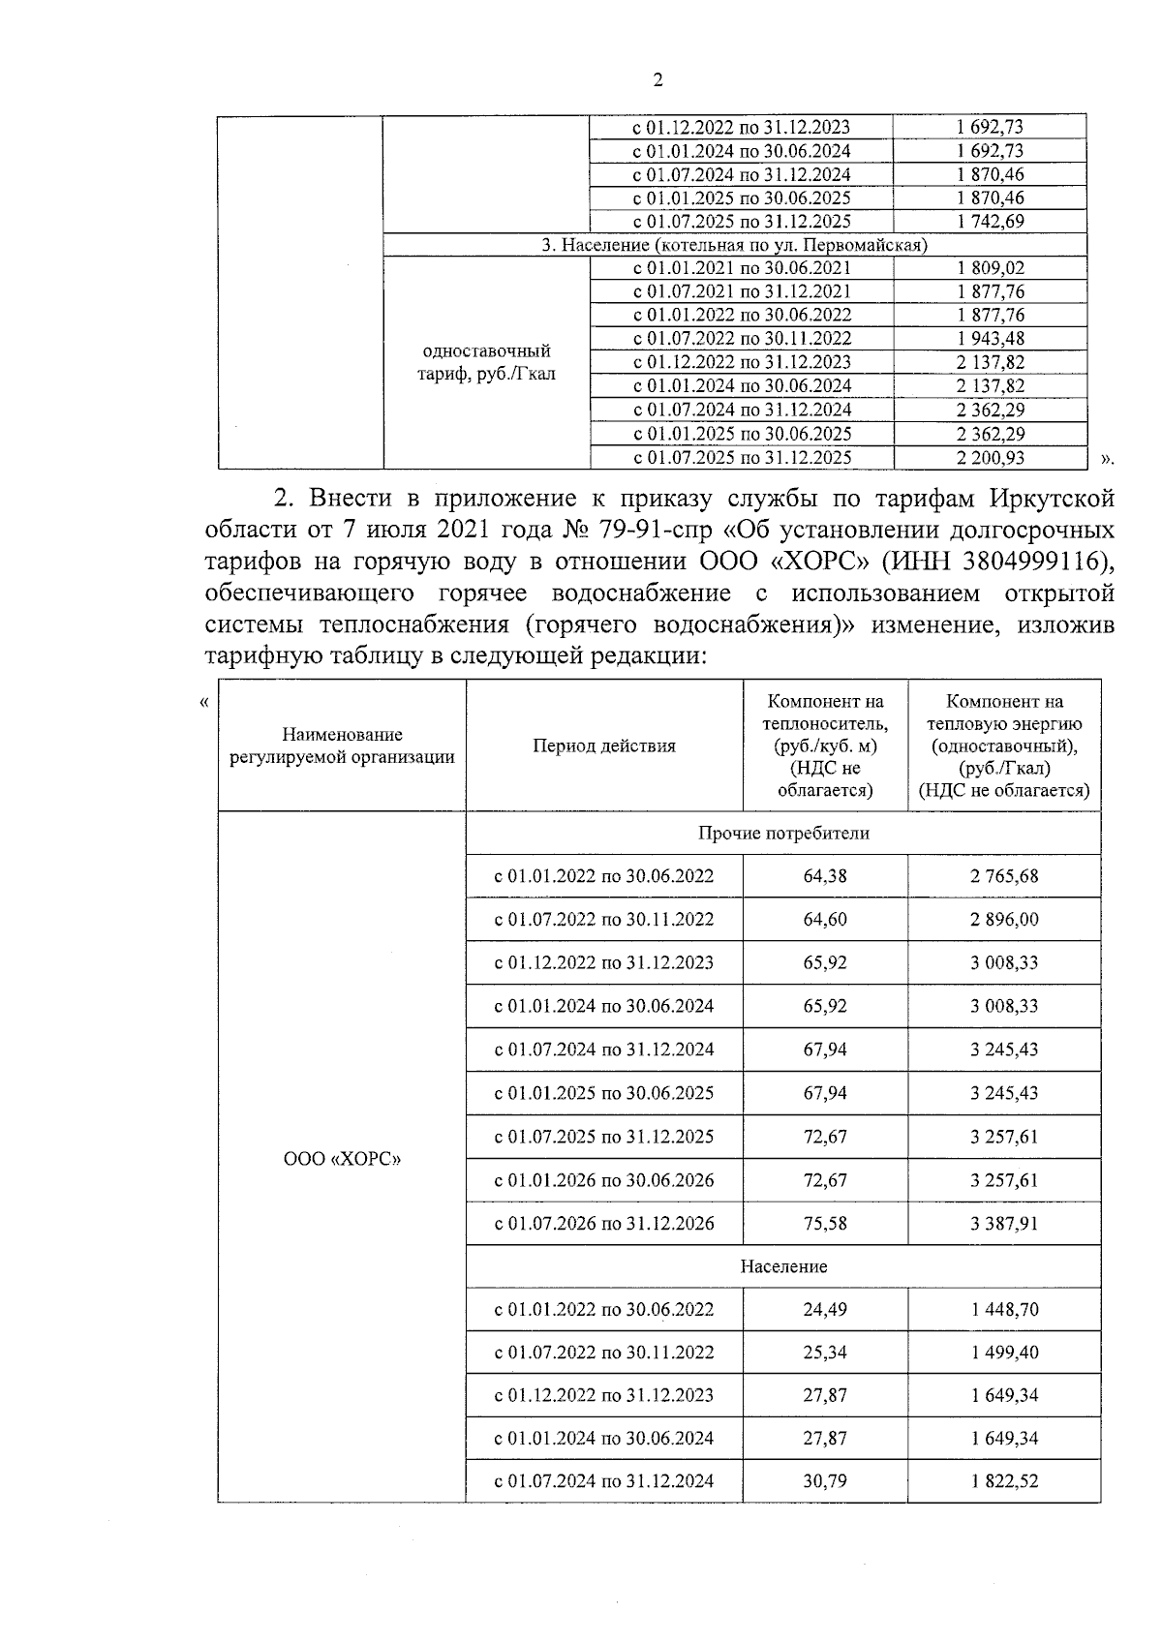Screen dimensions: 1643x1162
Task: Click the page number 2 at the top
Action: click(x=658, y=80)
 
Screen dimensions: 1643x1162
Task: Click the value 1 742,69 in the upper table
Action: click(x=989, y=221)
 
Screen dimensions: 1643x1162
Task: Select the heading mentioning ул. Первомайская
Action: click(x=734, y=245)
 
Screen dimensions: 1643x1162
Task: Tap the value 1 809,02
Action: click(x=989, y=268)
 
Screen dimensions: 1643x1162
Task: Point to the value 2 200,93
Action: click(x=990, y=458)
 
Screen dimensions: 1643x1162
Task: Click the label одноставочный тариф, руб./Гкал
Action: click(x=486, y=362)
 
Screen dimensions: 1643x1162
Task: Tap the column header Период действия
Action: click(x=604, y=745)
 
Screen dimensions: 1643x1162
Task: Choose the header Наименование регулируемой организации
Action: click(x=342, y=745)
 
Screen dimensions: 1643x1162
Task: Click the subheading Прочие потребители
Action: click(x=783, y=833)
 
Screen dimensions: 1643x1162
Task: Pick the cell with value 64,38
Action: click(x=825, y=876)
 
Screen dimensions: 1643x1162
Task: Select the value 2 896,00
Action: click(x=1004, y=920)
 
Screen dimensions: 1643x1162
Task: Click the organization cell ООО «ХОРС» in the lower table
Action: click(x=342, y=1158)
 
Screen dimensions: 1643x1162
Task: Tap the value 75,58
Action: click(x=825, y=1224)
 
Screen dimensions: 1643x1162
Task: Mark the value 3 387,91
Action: click(x=1004, y=1224)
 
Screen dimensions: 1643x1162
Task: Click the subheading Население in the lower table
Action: click(x=783, y=1266)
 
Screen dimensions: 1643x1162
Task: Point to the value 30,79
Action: click(x=825, y=1481)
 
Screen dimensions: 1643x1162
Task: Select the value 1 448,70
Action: click(x=1004, y=1310)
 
